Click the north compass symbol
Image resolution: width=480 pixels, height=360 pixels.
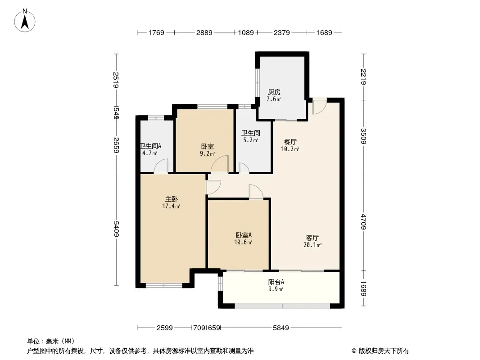(26, 20)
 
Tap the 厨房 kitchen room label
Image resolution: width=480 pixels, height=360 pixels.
(274, 92)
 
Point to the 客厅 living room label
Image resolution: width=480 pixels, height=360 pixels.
(312, 238)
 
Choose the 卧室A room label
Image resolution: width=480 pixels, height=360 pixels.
(243, 235)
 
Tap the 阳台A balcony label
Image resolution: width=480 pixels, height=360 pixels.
(276, 282)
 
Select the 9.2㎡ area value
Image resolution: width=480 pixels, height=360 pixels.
(207, 153)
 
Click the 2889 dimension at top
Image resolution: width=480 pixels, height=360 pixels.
(204, 32)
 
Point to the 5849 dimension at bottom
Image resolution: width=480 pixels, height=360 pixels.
(281, 328)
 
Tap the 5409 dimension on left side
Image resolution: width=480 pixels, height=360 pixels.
(116, 229)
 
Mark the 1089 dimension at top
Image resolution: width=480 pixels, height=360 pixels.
(246, 32)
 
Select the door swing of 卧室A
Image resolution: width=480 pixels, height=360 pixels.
(256, 192)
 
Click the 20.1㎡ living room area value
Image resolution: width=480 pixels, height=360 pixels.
(312, 245)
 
